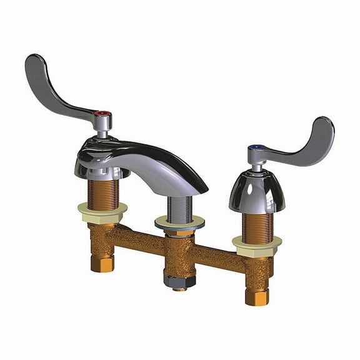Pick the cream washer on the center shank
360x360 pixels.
click(179, 222)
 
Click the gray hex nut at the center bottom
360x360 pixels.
click(177, 281)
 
